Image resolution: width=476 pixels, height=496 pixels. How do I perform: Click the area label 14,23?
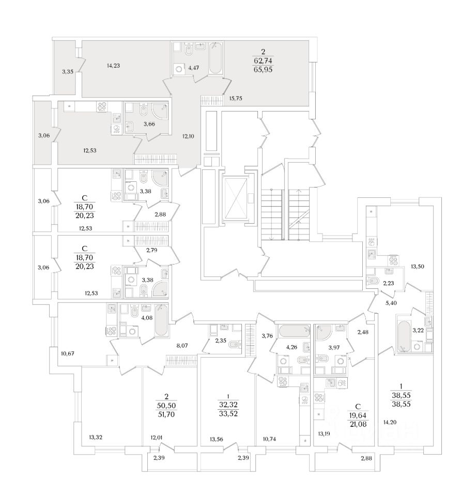(x=113, y=66)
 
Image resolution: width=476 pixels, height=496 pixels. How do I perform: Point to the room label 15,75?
(x=235, y=98)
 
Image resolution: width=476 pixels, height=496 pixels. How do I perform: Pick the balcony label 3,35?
(x=67, y=72)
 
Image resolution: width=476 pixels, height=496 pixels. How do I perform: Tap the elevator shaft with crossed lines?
(x=239, y=198)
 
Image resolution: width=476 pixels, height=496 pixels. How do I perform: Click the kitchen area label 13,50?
(x=417, y=267)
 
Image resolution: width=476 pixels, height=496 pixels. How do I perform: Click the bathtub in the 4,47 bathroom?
(x=216, y=59)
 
